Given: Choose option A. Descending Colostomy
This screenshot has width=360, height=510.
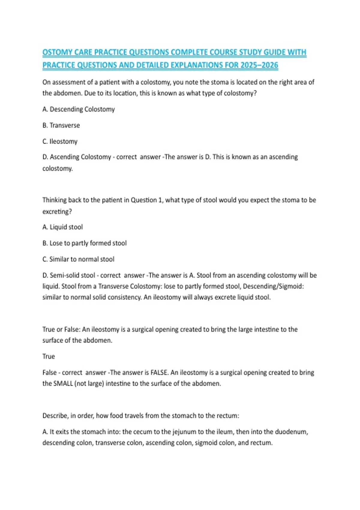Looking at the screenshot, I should (x=79, y=109).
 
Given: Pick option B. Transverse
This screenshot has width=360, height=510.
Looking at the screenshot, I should (x=61, y=125).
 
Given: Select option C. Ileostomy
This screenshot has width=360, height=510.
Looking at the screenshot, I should (x=60, y=141).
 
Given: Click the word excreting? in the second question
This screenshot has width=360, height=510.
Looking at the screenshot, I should (x=57, y=211).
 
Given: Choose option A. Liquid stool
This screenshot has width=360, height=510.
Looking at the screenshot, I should (x=63, y=227).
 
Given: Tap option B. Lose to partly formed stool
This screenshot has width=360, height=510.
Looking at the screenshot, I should (x=85, y=243).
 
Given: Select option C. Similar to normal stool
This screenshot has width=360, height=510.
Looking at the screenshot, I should (x=78, y=259).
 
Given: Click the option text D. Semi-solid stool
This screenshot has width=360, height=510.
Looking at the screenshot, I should (x=69, y=275).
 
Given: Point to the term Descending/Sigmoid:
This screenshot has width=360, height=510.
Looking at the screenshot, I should (x=273, y=286).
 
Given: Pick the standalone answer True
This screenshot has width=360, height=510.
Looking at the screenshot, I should (x=49, y=356).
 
